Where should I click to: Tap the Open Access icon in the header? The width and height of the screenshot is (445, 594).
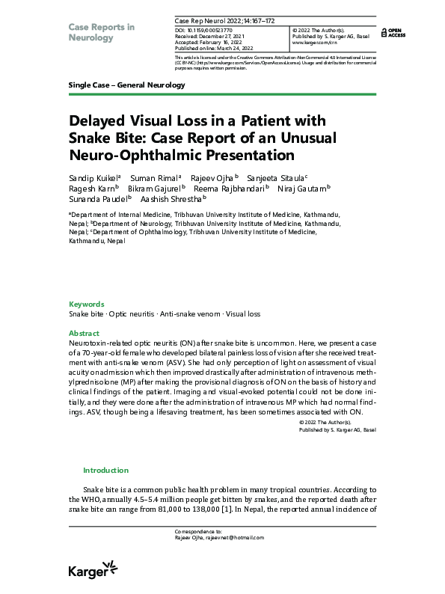pos(392,32)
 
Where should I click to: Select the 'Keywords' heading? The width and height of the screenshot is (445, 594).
pos(86,304)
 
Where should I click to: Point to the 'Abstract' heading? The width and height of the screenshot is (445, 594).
pos(84,333)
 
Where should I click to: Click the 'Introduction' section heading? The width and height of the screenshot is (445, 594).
pos(105,471)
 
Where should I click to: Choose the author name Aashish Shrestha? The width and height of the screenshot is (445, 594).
pos(173,199)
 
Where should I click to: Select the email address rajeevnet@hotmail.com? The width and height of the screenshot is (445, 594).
pos(225,537)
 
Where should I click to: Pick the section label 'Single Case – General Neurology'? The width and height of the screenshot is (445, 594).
pos(126,85)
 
